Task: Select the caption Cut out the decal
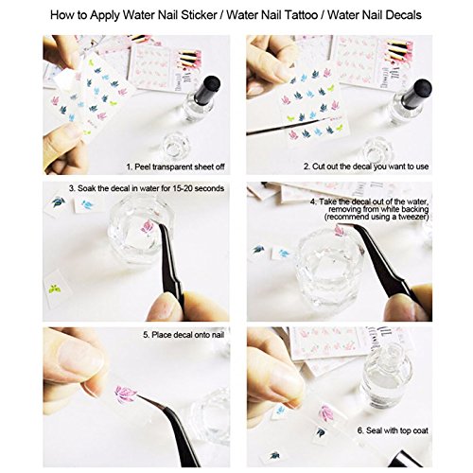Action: point(374,166)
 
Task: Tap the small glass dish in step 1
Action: point(174,148)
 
